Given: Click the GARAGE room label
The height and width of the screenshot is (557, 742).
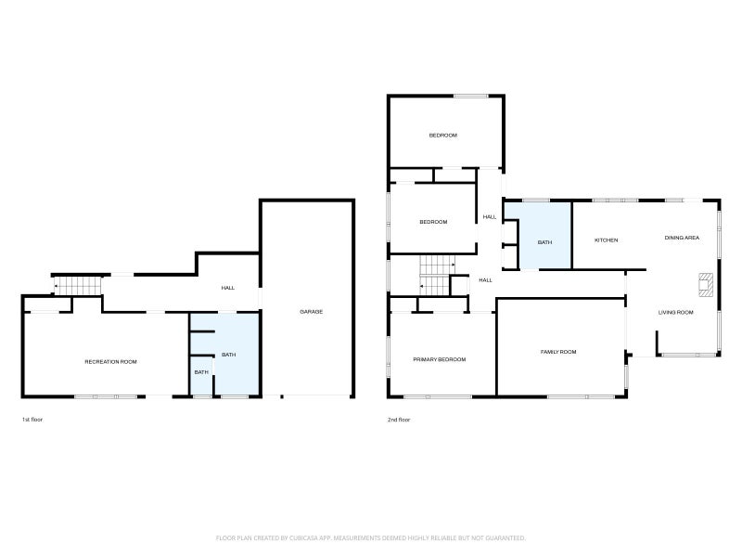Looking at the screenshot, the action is [x=312, y=312].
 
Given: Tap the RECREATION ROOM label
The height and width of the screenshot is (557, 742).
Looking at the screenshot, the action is [x=110, y=362].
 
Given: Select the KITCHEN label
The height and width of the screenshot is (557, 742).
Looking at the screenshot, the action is [x=607, y=240].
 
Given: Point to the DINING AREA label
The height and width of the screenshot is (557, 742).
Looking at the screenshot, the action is [x=682, y=238].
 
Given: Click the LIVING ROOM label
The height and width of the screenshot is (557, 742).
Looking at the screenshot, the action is [x=676, y=313].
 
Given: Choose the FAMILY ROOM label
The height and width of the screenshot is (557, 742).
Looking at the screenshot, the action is [x=558, y=352].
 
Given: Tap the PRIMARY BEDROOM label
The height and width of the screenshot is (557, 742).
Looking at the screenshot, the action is [x=440, y=359].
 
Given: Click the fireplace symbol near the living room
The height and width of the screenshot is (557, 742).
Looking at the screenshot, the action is [x=706, y=285].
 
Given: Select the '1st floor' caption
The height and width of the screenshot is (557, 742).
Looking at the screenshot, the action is [x=32, y=420].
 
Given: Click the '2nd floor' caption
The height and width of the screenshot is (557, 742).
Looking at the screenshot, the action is [x=399, y=420].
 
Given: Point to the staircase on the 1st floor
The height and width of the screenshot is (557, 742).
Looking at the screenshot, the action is [x=78, y=286].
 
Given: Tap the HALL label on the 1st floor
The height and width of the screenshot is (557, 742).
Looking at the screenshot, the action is [x=228, y=288].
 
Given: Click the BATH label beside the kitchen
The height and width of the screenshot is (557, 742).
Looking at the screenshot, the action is [x=544, y=242].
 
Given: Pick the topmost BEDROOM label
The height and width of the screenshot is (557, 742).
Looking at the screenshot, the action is [x=443, y=136].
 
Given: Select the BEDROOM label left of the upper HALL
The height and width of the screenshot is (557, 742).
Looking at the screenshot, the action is [x=433, y=222].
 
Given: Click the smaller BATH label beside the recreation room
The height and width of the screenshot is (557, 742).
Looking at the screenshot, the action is [x=201, y=372].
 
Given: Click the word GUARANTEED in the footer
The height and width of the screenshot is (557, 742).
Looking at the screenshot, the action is [x=505, y=538].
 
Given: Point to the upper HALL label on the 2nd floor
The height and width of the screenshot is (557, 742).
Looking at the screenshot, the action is [x=490, y=217].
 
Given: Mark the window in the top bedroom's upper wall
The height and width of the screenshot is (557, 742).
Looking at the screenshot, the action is [x=471, y=97].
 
